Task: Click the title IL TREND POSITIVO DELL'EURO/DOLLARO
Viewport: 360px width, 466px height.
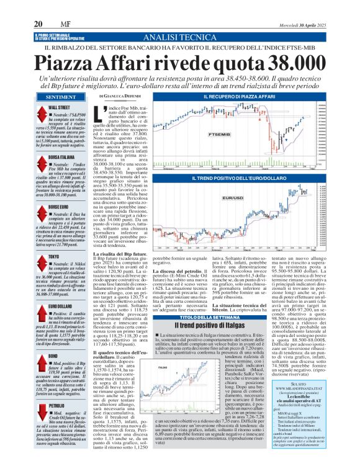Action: coord(246,179)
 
